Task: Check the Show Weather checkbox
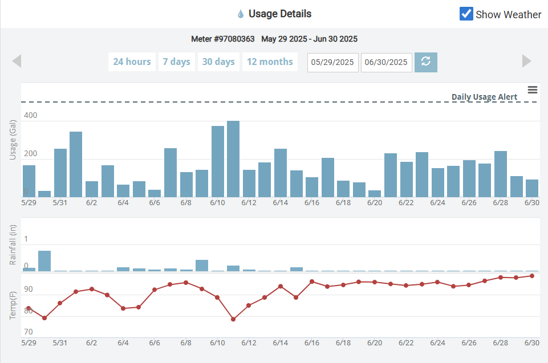(466, 14)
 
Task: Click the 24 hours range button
(132, 62)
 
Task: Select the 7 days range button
(176, 62)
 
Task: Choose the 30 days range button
(218, 62)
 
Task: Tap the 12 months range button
(270, 62)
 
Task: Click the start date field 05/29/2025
(332, 62)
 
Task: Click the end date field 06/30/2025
(387, 62)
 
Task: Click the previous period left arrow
(17, 61)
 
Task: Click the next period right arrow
(527, 61)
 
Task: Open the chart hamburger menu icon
(533, 90)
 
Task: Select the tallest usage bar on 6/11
(233, 159)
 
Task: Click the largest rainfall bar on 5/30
(44, 261)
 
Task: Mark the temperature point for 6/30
(531, 276)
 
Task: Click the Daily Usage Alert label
(484, 97)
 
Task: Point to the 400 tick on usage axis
(31, 116)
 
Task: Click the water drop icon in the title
(241, 14)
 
